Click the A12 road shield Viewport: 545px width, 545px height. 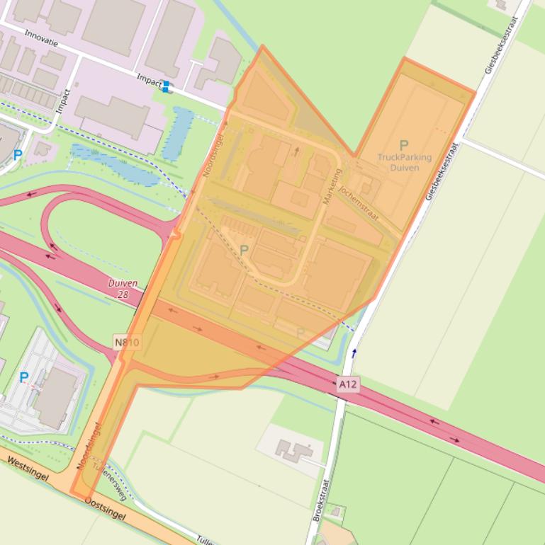point(348,385)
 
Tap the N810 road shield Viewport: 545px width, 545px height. point(127,343)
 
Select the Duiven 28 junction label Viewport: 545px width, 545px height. point(123,288)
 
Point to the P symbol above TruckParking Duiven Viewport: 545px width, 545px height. point(404,146)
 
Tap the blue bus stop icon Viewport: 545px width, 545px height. point(166,86)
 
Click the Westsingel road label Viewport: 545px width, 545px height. point(28,469)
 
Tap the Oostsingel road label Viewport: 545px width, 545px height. point(104,508)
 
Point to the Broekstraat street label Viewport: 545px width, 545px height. point(320,499)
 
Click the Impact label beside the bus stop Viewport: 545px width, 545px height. point(148,81)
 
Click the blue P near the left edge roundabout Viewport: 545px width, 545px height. point(18,155)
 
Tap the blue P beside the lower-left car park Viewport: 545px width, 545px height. point(23,377)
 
